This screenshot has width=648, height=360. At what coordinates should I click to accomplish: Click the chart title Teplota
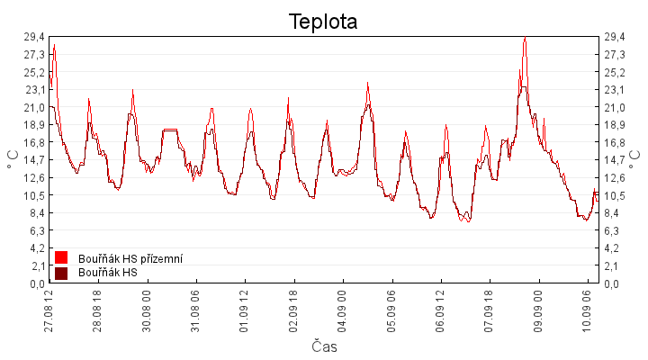[x=323, y=22]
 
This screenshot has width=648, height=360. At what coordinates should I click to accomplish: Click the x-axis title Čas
[x=324, y=346]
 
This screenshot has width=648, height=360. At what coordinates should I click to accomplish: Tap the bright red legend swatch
[x=61, y=257]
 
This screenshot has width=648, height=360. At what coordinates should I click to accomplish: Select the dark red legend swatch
[x=61, y=274]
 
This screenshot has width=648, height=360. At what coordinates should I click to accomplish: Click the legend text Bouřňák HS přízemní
[x=130, y=259]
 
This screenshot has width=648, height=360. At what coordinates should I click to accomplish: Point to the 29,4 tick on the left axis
[x=34, y=37]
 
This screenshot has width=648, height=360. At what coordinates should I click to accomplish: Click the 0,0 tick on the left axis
[x=37, y=283]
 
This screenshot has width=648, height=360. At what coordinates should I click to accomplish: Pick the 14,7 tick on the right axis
[x=615, y=160]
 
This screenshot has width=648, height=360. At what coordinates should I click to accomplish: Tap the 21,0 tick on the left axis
[x=34, y=107]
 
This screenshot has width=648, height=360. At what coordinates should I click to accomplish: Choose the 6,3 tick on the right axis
[x=612, y=230]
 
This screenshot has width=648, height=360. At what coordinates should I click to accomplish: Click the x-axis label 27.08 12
[x=49, y=310]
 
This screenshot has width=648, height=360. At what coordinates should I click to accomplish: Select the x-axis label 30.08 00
[x=147, y=310]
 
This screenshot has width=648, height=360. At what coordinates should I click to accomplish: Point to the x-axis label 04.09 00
[x=342, y=310]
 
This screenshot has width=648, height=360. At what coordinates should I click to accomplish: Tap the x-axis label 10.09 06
[x=587, y=310]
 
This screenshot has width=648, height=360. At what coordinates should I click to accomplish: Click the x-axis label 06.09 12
[x=440, y=310]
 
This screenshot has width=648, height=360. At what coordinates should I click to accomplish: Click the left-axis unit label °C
[x=13, y=160]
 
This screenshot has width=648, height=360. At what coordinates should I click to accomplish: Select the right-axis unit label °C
[x=634, y=160]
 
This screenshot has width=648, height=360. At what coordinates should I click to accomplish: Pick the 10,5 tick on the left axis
[x=34, y=195]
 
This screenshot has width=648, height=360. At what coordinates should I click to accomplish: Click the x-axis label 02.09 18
[x=293, y=310]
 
